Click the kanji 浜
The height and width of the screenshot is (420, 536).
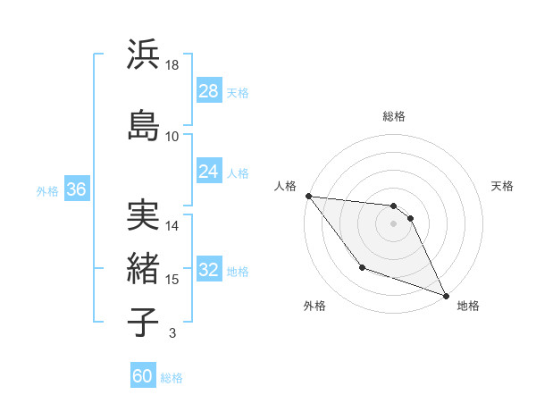(x=144, y=55)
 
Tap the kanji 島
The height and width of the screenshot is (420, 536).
(x=144, y=124)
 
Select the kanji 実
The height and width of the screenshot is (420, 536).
(x=144, y=215)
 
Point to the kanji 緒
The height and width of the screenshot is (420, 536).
(x=144, y=267)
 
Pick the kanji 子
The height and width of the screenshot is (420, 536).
(x=144, y=322)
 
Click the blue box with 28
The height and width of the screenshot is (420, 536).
(x=209, y=91)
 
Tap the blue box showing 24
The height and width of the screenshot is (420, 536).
(x=209, y=172)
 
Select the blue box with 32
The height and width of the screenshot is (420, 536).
(x=209, y=270)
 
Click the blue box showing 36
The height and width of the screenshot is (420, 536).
(x=76, y=189)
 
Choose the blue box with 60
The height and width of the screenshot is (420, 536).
(x=143, y=376)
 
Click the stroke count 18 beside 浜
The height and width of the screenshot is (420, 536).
(x=173, y=65)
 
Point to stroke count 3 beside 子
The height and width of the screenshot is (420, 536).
(x=172, y=333)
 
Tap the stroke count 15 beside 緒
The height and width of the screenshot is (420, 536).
(x=172, y=280)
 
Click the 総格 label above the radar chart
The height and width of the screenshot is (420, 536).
(x=394, y=116)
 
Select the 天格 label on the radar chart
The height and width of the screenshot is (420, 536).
(x=503, y=186)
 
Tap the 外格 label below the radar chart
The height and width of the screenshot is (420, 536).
(x=314, y=306)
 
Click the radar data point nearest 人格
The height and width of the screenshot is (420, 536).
(x=308, y=196)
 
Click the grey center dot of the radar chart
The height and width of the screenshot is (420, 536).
(x=394, y=223)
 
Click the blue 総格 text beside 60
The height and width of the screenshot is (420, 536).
(x=172, y=377)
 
